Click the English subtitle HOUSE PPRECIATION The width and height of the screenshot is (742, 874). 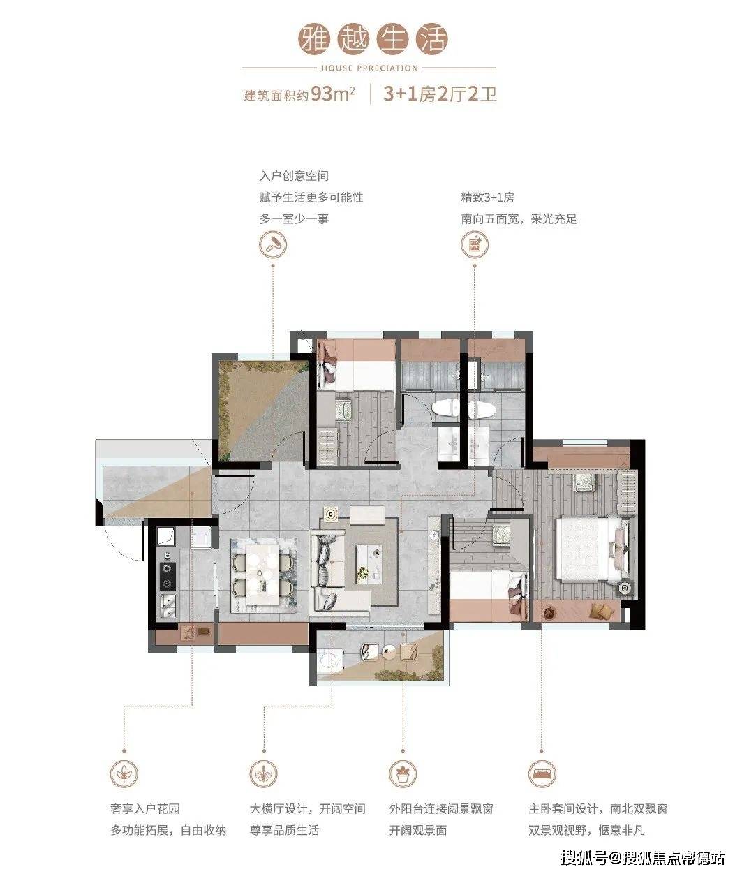pyautogui.click(x=369, y=68)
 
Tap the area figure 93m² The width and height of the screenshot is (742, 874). pyautogui.click(x=333, y=94)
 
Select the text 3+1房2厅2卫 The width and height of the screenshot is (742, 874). pyautogui.click(x=440, y=94)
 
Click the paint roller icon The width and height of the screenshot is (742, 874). pyautogui.click(x=273, y=245)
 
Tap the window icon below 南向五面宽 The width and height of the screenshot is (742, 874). pyautogui.click(x=475, y=245)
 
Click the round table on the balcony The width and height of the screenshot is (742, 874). pyautogui.click(x=389, y=651)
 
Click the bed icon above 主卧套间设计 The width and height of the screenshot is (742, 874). pyautogui.click(x=542, y=773)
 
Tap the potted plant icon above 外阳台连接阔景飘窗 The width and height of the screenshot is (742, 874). pyautogui.click(x=403, y=773)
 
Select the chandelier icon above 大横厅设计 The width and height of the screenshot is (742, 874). pyautogui.click(x=263, y=773)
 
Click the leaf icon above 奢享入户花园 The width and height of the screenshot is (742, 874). pyautogui.click(x=124, y=773)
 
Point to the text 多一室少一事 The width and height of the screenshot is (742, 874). pyautogui.click(x=295, y=218)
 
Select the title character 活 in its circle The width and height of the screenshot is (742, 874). pyautogui.click(x=432, y=39)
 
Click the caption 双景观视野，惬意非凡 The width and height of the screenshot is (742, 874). pyautogui.click(x=586, y=830)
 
